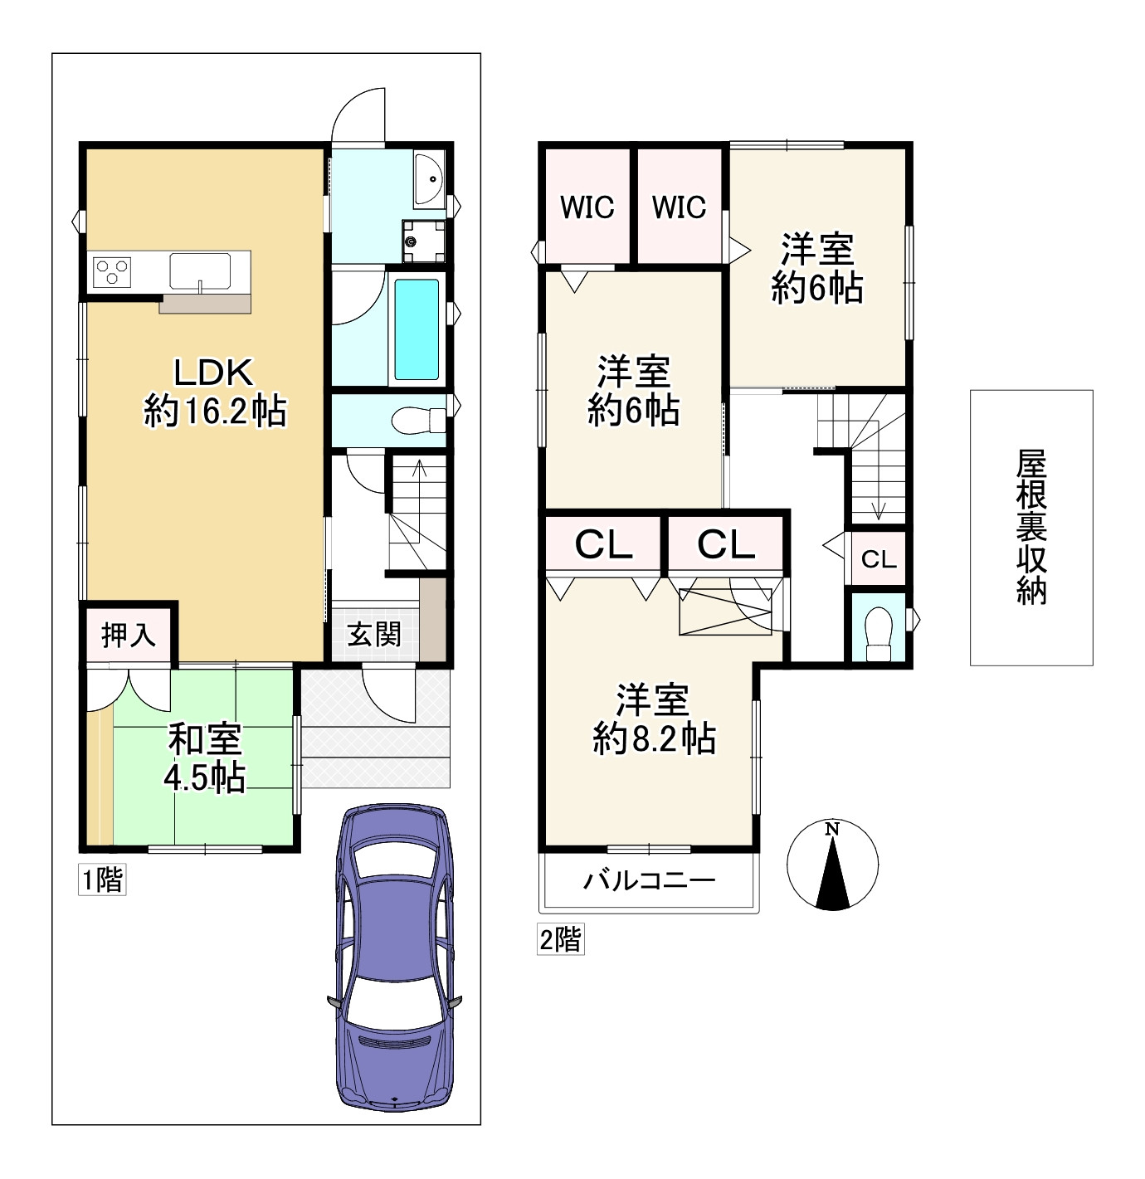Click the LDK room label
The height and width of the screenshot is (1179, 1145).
pyautogui.click(x=214, y=392)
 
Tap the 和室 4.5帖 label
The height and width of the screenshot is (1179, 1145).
pyautogui.click(x=205, y=758)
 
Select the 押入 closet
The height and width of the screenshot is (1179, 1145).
pyautogui.click(x=129, y=635)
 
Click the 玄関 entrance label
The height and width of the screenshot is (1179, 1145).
pyautogui.click(x=374, y=635)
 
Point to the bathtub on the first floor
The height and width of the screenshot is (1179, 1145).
pyautogui.click(x=417, y=329)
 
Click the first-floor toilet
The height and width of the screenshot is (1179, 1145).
pyautogui.click(x=418, y=419)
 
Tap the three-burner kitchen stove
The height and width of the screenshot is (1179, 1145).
pyautogui.click(x=112, y=270)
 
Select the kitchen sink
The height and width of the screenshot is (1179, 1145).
pyautogui.click(x=200, y=270)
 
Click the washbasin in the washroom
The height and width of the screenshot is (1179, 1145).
pyautogui.click(x=429, y=179)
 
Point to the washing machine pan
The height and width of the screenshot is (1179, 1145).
pyautogui.click(x=423, y=241)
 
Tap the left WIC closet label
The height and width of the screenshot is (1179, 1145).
pyautogui.click(x=587, y=207)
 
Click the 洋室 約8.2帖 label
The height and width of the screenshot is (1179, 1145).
pyautogui.click(x=654, y=719)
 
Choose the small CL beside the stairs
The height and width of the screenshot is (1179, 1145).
pyautogui.click(x=879, y=558)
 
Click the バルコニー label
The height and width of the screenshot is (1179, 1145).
pyautogui.click(x=648, y=879)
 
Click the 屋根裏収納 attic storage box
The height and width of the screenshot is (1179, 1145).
pyautogui.click(x=1031, y=527)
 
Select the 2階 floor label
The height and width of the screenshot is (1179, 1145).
pyautogui.click(x=560, y=940)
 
